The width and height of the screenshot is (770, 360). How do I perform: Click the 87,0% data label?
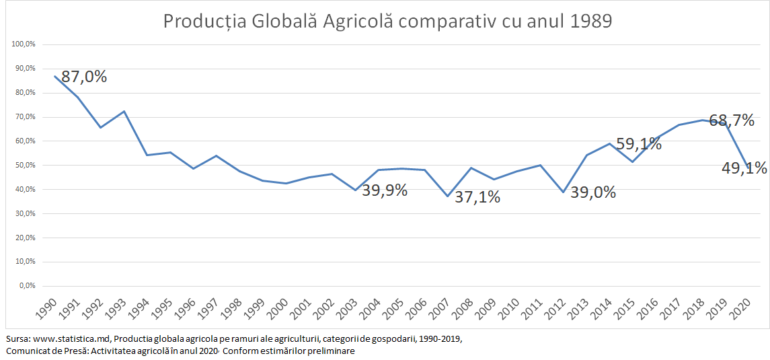[x=84, y=77]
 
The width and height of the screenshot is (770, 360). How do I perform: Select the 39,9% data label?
[x=385, y=190]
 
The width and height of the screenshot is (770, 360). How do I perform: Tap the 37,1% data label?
[x=477, y=198]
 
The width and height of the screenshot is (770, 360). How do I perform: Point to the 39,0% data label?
[x=593, y=192]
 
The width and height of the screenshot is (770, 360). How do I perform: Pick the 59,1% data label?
[x=638, y=143]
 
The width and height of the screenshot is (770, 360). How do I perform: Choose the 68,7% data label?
[x=732, y=121]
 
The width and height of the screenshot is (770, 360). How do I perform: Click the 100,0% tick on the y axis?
[x=24, y=44]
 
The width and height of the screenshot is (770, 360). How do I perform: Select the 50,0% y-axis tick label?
[x=25, y=166]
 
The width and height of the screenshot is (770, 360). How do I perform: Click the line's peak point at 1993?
[x=124, y=111]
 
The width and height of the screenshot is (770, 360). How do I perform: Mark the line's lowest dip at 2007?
[x=447, y=196]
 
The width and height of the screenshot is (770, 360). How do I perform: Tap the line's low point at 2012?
[x=564, y=192]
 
